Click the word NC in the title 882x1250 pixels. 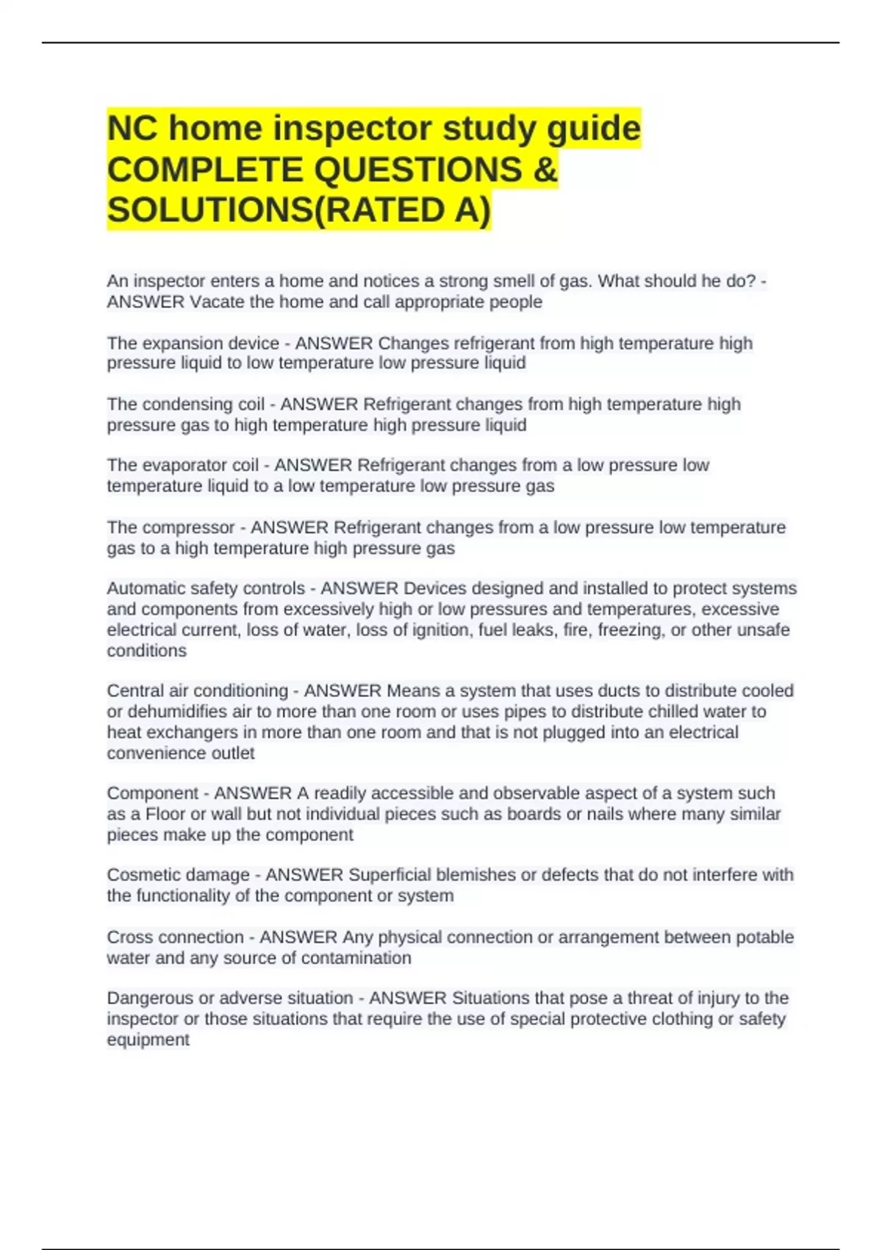pyautogui.click(x=132, y=129)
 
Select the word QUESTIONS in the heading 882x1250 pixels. pyautogui.click(x=417, y=170)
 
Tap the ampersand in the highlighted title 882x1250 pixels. pyautogui.click(x=545, y=170)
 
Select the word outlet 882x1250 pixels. pyautogui.click(x=232, y=754)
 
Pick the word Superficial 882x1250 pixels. pyautogui.click(x=395, y=875)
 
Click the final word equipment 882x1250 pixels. pyautogui.click(x=148, y=1040)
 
